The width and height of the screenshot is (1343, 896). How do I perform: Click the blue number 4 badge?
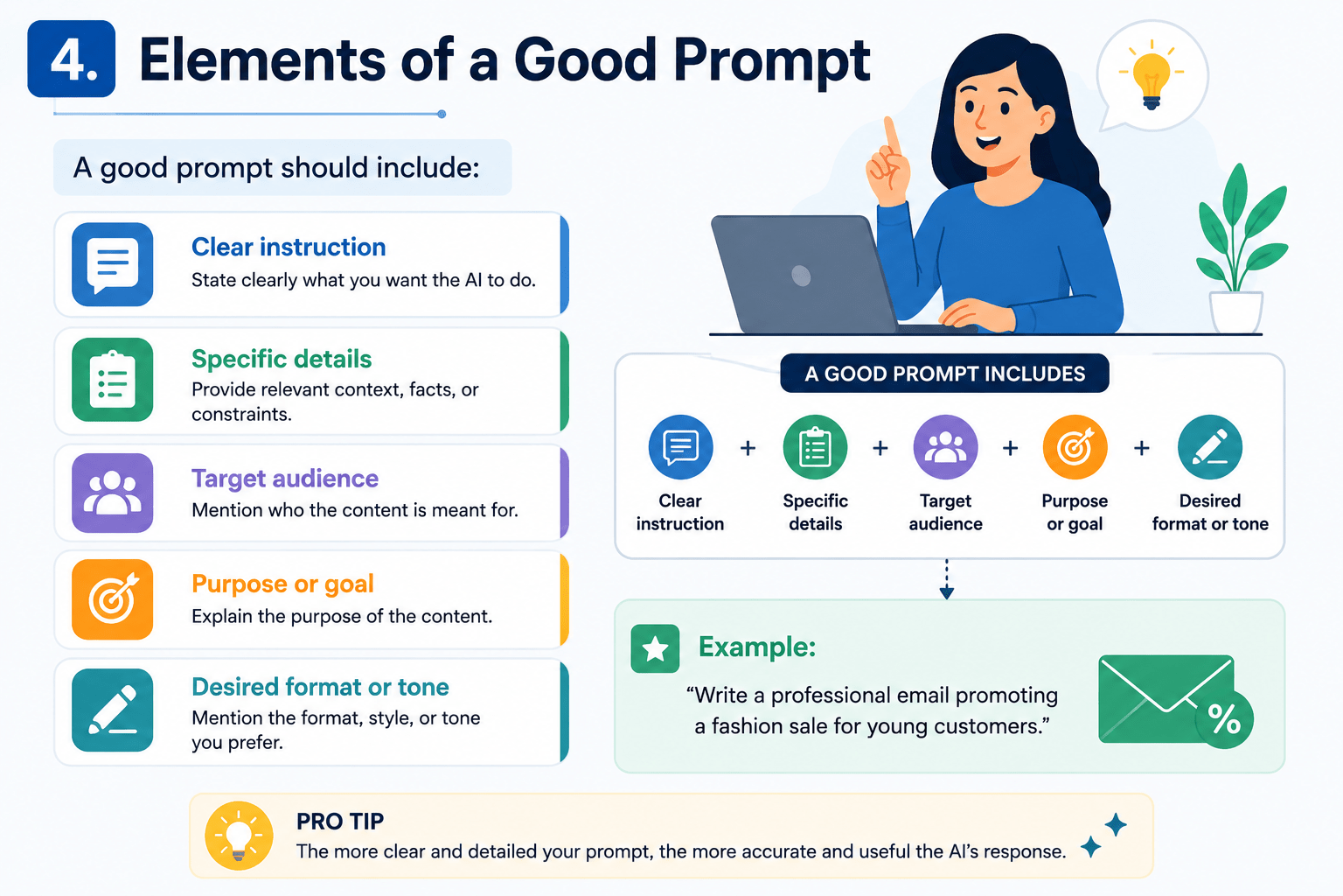[72, 59]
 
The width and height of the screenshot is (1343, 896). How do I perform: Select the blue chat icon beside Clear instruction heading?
[112, 264]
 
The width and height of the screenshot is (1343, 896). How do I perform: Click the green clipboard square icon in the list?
[112, 379]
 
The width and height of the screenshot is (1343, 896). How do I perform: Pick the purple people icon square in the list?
[112, 493]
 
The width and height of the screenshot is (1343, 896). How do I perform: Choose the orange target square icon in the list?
[112, 598]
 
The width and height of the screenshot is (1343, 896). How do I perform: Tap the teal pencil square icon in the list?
[112, 710]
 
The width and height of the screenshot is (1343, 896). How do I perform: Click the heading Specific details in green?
[282, 359]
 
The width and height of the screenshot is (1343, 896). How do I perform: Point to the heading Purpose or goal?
[282, 584]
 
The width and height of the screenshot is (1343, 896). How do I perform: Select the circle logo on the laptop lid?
[801, 276]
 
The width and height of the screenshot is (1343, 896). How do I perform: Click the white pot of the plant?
[1236, 312]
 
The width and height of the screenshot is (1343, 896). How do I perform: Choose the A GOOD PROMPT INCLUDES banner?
[944, 374]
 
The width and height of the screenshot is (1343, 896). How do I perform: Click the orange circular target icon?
[1075, 447]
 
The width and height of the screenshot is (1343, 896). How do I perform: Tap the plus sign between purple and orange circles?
[1010, 448]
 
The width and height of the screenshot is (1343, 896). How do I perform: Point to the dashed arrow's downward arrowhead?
[947, 592]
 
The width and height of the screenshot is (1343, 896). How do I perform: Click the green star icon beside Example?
[655, 648]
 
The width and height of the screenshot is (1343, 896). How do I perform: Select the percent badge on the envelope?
[1224, 719]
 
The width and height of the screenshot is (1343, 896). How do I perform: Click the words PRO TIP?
[340, 822]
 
